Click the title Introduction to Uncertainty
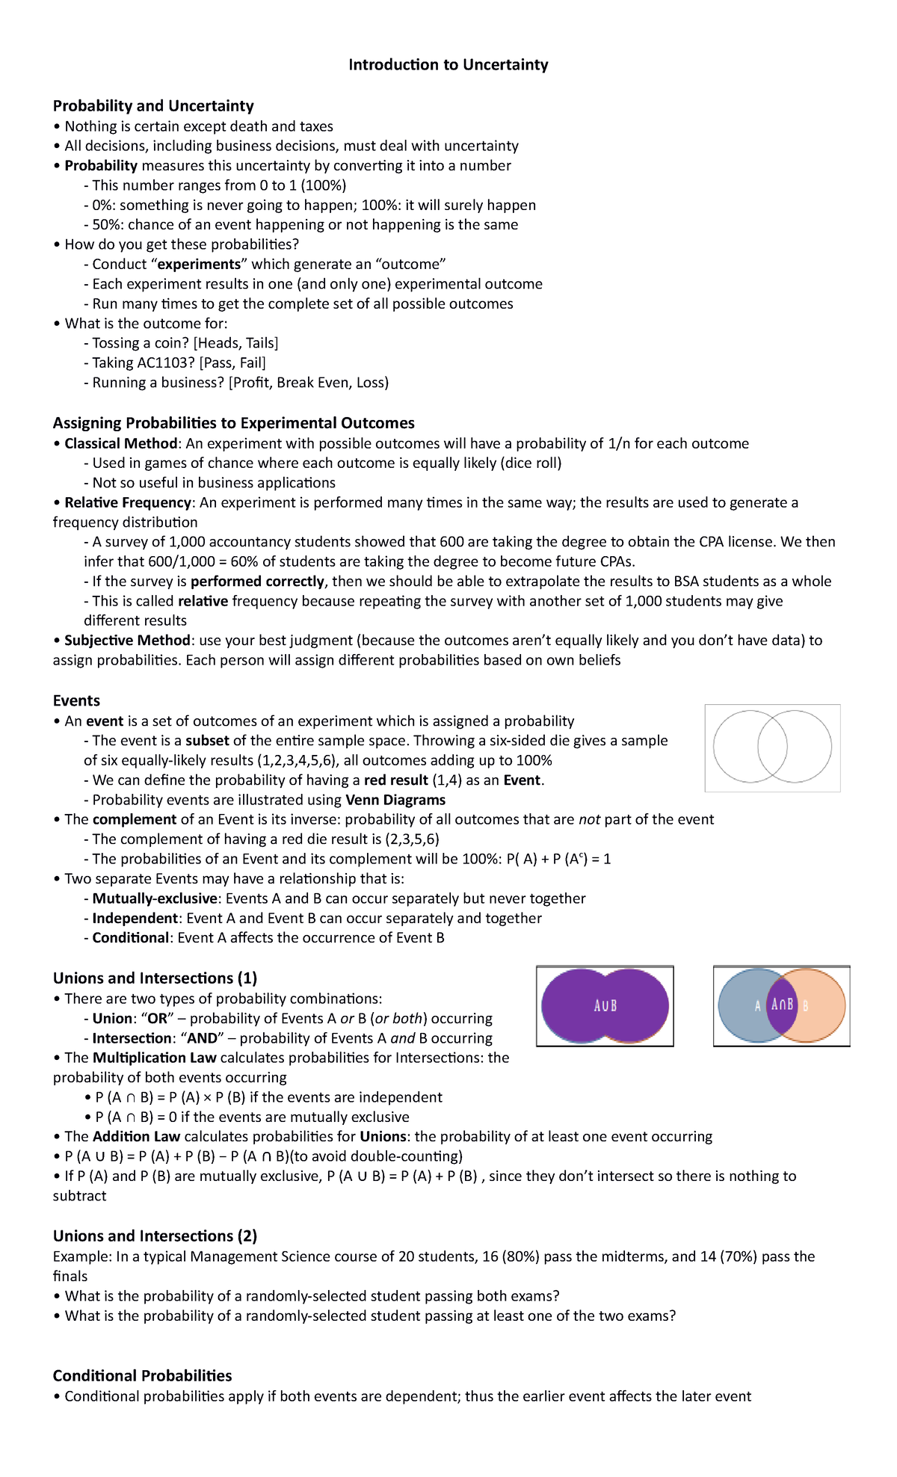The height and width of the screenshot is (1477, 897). pos(448,65)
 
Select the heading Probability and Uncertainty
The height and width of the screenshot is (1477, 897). pos(153,106)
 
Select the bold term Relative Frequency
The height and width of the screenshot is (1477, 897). pos(128,503)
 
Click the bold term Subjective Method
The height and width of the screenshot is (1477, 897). pos(127,641)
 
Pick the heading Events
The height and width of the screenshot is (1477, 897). pos(76,701)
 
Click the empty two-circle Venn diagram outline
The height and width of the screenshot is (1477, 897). pos(772,747)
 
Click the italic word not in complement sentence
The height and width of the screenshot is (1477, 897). pos(589,820)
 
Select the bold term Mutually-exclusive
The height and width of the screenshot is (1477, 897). pos(155,898)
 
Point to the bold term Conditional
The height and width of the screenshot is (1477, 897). pos(130,938)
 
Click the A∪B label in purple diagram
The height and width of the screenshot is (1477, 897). pos(605,1006)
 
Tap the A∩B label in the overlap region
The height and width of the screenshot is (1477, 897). pos(782,1005)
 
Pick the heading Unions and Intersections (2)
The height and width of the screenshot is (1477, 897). pos(155,1236)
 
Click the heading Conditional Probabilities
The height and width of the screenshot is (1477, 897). pos(142,1376)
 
